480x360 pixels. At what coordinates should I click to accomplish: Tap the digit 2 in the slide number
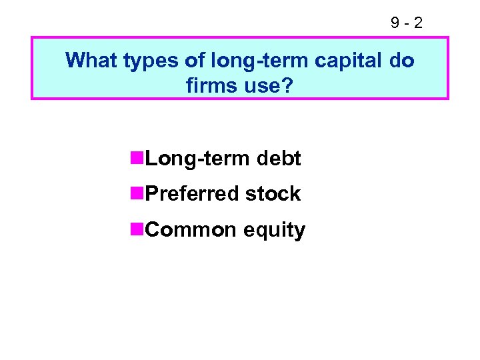(417, 24)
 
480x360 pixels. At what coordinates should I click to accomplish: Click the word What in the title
(90, 61)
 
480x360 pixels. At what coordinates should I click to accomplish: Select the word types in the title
(143, 62)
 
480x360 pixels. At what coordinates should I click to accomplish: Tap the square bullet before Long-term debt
(137, 158)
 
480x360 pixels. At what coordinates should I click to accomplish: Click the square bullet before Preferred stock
(137, 193)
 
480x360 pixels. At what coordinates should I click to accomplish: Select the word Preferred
(192, 194)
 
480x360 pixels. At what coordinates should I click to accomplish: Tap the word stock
(273, 194)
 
